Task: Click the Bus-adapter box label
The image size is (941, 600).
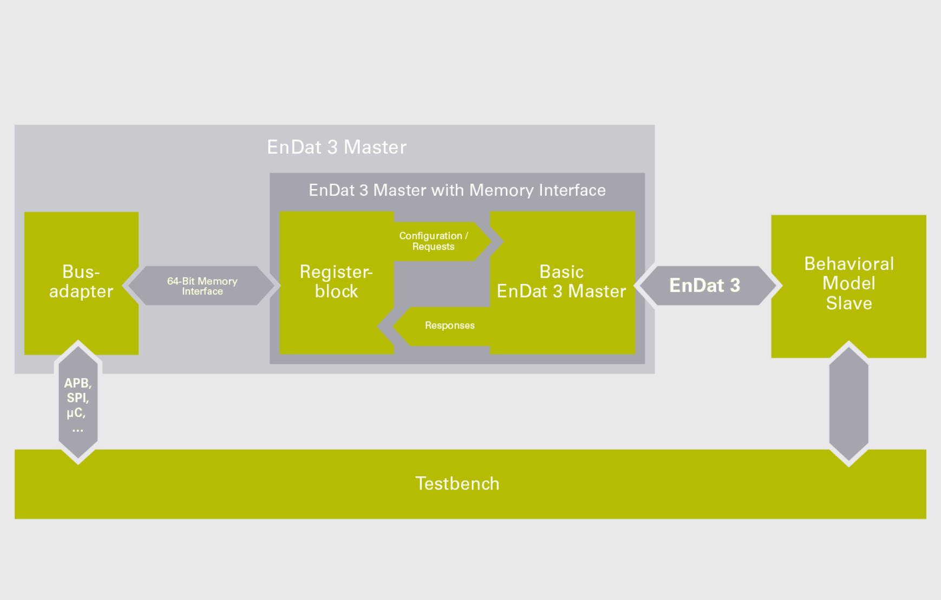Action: point(81,282)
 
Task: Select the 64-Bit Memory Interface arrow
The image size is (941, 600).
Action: point(202,286)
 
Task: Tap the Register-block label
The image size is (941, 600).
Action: point(336,282)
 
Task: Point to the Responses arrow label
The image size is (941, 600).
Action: point(449,326)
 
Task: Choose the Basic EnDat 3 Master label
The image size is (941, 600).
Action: point(561,282)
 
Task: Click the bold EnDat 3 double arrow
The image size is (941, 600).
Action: point(704,286)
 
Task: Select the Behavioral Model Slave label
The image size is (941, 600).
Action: point(848,283)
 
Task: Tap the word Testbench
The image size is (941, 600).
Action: point(458,483)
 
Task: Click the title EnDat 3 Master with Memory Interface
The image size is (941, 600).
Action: point(457,190)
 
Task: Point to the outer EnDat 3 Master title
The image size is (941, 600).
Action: point(337,147)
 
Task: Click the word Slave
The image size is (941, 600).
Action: point(848,303)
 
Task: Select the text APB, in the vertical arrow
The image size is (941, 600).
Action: point(78,383)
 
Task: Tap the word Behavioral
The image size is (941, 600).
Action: point(848,264)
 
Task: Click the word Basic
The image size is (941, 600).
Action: point(561,272)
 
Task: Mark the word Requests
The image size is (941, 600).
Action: point(433,247)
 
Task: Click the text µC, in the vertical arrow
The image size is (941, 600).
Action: point(76,413)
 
